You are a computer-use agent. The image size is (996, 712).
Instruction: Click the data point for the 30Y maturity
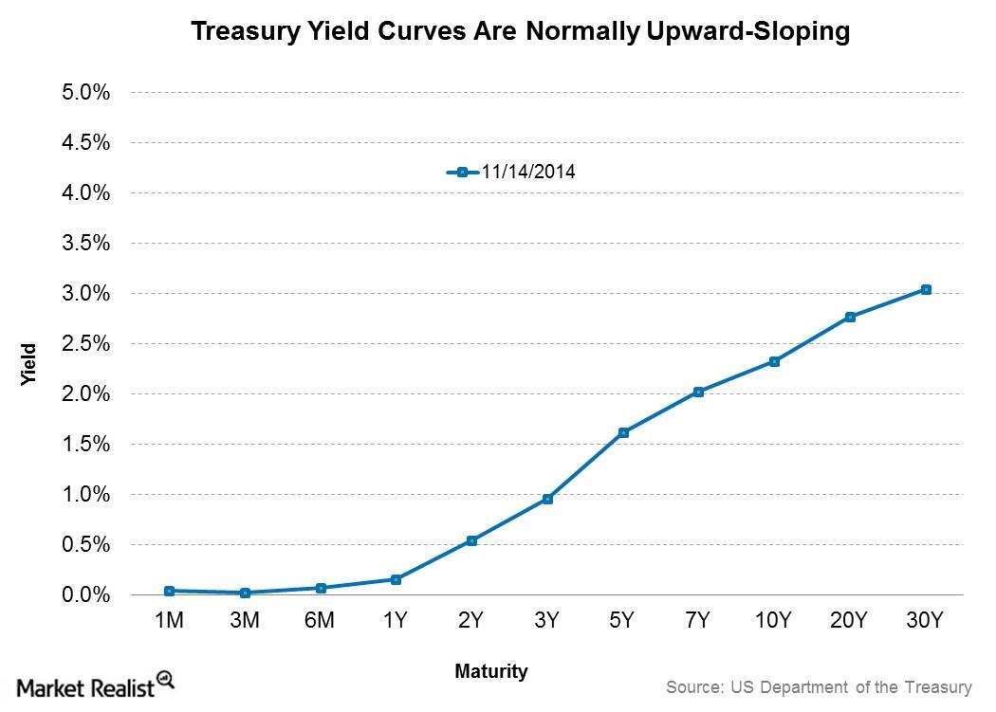926,289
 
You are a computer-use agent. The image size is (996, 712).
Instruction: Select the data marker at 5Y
623,432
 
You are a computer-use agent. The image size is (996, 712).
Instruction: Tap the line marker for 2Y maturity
471,540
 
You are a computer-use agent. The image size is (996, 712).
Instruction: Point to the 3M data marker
245,593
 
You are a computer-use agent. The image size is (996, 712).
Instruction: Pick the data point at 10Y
774,361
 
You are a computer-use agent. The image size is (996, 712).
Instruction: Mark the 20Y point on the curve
850,317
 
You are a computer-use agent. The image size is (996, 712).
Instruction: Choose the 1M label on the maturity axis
168,621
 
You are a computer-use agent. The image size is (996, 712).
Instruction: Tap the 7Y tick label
698,621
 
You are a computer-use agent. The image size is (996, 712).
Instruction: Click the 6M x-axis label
320,621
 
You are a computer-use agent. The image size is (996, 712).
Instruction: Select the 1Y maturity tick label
396,621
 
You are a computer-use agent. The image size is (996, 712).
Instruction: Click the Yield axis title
29,363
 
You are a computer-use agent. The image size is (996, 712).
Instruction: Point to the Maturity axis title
490,671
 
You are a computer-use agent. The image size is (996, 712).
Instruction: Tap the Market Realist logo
95,685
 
